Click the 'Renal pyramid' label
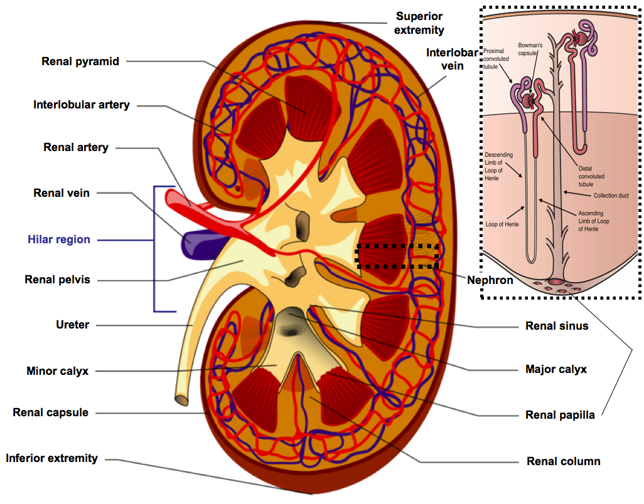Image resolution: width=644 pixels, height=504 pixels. pos(80,61)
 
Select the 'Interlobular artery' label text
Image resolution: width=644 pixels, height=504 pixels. pos(82,105)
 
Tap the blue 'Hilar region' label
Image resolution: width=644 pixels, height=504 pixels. pos(59,239)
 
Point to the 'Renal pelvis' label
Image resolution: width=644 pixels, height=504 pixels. pos(57,280)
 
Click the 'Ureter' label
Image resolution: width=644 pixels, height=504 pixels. pos(73,325)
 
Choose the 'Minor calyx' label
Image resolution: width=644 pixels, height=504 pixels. pos(57,371)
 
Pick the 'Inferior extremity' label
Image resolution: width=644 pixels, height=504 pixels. pos(52,458)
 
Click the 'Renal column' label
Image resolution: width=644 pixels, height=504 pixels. pos(563,461)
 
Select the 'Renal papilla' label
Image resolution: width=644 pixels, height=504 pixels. pos(560,415)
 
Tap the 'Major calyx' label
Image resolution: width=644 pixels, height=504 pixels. pos(556,369)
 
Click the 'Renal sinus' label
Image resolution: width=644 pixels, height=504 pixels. pos(557,326)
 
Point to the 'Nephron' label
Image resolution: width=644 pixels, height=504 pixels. pos(490,280)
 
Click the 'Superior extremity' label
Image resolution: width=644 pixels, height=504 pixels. pos(420,23)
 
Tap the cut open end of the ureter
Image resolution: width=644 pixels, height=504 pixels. pos(181,399)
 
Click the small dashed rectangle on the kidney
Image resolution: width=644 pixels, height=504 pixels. pos(397,256)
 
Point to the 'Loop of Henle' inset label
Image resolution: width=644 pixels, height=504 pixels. pos(502,223)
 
